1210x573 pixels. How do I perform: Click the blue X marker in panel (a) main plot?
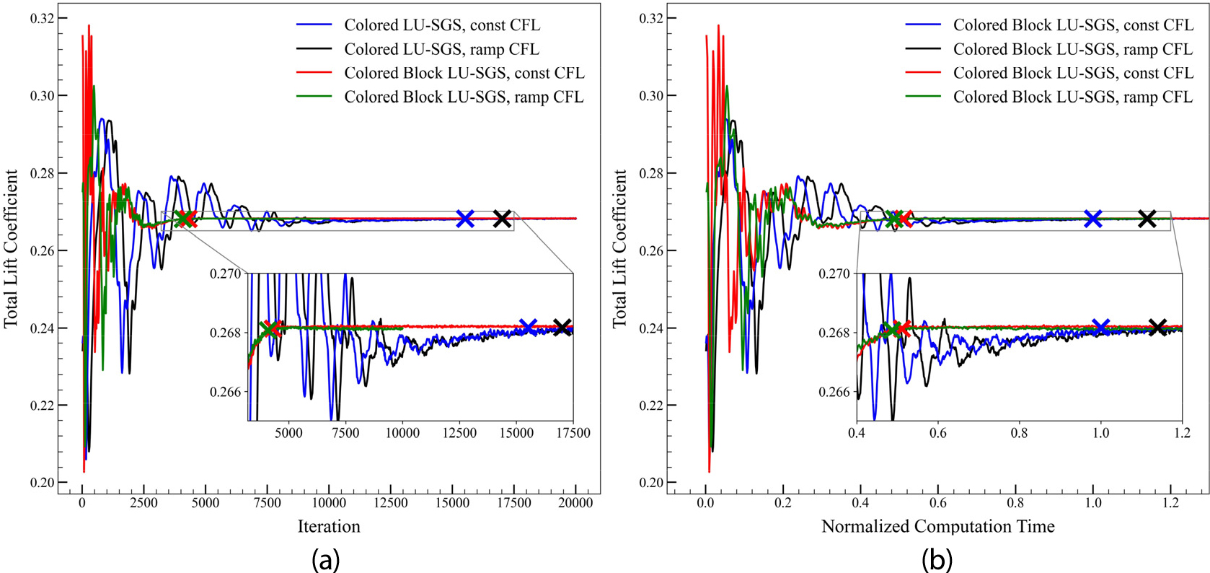coord(465,219)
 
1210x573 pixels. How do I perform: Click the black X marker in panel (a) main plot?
coord(502,219)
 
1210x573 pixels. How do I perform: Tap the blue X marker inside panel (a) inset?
coord(528,328)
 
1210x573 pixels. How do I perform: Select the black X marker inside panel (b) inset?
coord(1157,328)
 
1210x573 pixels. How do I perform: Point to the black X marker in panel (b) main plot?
coord(1147,219)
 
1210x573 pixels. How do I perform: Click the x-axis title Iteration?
coord(329,526)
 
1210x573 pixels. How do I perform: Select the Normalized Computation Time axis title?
coord(937,526)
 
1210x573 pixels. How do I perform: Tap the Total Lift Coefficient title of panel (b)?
coord(619,249)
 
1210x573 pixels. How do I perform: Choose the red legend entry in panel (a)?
coord(464,73)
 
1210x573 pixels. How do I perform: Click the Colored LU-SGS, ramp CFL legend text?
coord(441,49)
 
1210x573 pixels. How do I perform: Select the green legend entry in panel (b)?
coord(1072,97)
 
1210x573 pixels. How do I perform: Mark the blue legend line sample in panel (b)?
coord(923,25)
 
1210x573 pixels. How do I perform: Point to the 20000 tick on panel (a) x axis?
coord(575,503)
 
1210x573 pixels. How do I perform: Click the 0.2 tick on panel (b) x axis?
coord(783,503)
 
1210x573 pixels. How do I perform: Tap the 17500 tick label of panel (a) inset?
coord(573,433)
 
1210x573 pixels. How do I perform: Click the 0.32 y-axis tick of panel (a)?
coord(43,18)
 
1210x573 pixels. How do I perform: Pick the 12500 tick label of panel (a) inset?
coord(459,433)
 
